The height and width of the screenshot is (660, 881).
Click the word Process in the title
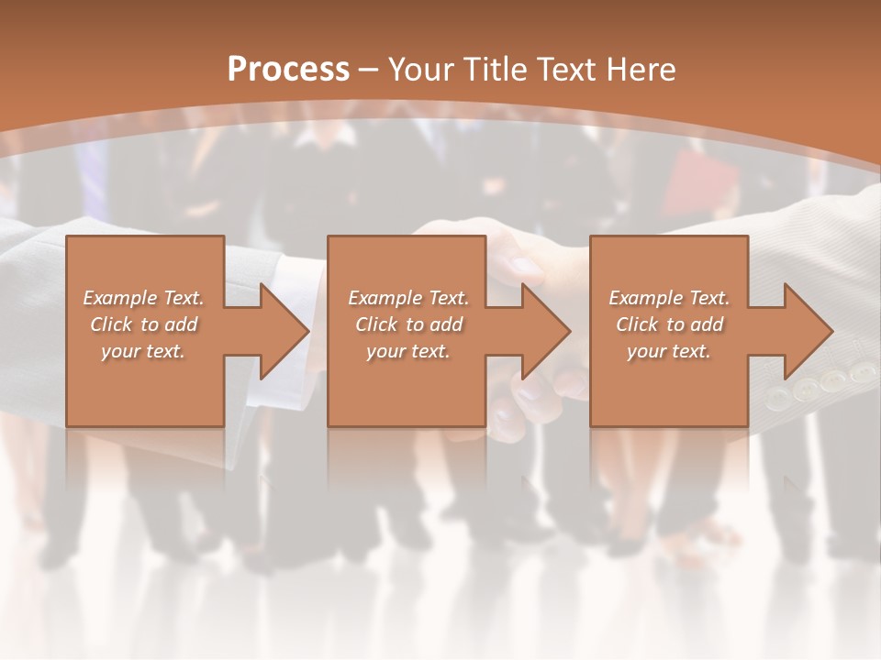[288, 70]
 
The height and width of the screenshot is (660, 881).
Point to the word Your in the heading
[421, 70]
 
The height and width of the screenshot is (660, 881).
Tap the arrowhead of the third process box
[807, 331]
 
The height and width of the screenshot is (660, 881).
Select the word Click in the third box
[638, 324]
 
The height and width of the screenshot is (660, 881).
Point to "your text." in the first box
[144, 351]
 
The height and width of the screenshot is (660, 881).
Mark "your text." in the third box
[670, 351]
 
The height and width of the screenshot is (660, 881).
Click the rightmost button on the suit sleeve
[861, 372]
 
